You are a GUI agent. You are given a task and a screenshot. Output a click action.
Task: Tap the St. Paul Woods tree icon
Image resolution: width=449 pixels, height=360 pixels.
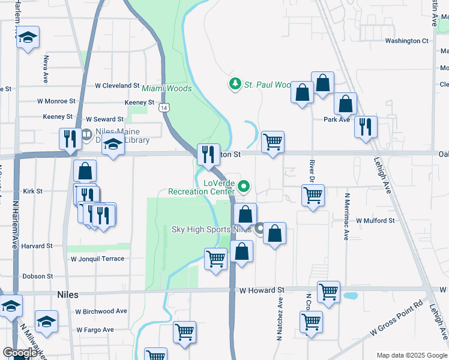pyautogui.click(x=235, y=84)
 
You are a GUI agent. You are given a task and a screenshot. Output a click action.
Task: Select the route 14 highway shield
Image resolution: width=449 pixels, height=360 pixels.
pyautogui.click(x=164, y=108)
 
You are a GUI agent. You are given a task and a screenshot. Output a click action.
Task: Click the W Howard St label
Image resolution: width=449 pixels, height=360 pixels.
pyautogui.click(x=261, y=290)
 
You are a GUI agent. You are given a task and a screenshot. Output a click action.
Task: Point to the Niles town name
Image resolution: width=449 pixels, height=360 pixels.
pyautogui.click(x=67, y=295)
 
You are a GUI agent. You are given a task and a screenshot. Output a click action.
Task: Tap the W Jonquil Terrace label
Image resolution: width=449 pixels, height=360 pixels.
pyautogui.click(x=97, y=259)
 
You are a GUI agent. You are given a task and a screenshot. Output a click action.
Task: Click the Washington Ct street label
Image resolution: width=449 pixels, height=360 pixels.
pyautogui.click(x=406, y=41)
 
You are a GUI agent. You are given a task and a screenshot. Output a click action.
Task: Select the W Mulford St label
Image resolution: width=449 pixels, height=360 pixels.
pyautogui.click(x=375, y=221)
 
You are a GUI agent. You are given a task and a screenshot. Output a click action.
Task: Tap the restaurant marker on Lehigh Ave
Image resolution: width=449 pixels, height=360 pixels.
pyautogui.click(x=365, y=127)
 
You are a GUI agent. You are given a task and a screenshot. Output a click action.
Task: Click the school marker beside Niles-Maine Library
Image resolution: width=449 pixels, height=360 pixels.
pyautogui.click(x=112, y=145)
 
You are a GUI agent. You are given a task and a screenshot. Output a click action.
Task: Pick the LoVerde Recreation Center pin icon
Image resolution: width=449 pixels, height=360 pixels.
pyautogui.click(x=244, y=187)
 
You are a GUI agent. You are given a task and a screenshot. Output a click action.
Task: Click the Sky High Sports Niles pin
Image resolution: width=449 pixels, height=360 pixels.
pyautogui.click(x=260, y=229)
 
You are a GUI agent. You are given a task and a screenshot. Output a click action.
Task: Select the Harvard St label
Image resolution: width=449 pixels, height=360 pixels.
pyautogui.click(x=37, y=246)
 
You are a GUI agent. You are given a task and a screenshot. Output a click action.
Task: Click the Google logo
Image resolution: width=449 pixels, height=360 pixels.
pyautogui.click(x=19, y=352)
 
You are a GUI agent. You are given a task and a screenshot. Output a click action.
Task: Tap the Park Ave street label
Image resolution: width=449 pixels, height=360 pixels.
pyautogui.click(x=337, y=119)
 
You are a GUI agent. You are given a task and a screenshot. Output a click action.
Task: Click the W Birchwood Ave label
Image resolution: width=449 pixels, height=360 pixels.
pyautogui.click(x=101, y=311)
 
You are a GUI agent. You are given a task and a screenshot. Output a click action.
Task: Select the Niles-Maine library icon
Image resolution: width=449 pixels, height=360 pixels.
pyautogui.click(x=86, y=134)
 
